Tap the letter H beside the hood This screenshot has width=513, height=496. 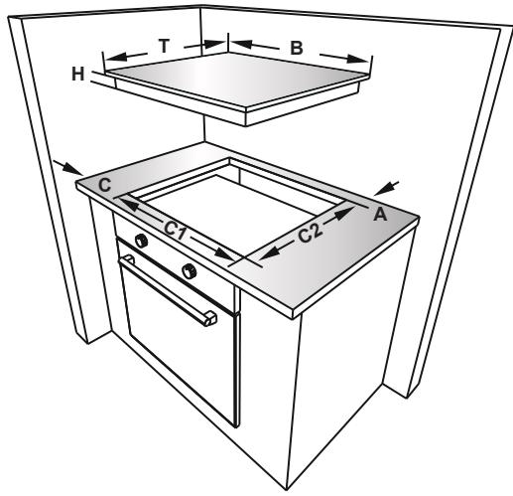[x=79, y=73]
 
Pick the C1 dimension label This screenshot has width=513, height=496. [x=176, y=232]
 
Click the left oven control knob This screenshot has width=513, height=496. [x=142, y=242]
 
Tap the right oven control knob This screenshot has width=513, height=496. [x=189, y=270]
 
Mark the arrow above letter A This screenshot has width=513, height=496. [x=389, y=185]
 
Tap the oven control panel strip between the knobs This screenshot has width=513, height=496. [x=166, y=255]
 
